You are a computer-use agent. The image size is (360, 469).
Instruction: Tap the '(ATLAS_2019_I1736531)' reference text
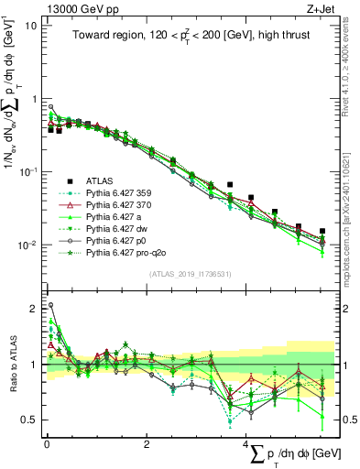coord(191,274)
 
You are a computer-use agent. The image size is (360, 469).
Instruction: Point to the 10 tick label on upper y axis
coord(29,25)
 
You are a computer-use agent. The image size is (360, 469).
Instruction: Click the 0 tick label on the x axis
coord(46,443)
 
